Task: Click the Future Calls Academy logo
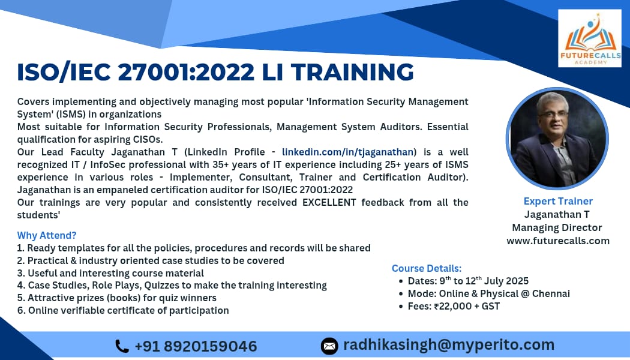coord(589,38)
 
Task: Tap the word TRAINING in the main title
coord(352,72)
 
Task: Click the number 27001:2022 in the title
coord(186,72)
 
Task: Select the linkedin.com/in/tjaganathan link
coord(347,152)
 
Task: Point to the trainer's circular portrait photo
coord(557,139)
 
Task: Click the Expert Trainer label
coord(558,201)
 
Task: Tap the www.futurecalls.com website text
coord(557,241)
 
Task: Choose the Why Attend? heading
coord(47,235)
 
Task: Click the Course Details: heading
coord(427,268)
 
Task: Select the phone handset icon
coord(122,346)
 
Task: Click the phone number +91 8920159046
coord(196,346)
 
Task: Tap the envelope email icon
coord(329,346)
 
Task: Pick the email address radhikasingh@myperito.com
coord(449,345)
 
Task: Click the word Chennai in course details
coord(551,293)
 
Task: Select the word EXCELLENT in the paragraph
coord(329,202)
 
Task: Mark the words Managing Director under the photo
coord(557,227)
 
